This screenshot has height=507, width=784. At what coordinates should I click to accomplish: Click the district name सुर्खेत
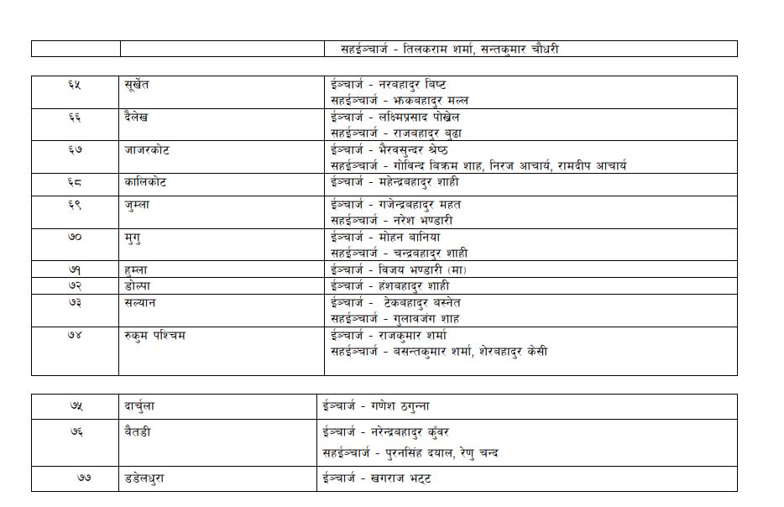pos(136,85)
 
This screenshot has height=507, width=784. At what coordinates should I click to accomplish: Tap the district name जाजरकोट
pos(145,150)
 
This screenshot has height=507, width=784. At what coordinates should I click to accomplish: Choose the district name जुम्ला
pos(137,205)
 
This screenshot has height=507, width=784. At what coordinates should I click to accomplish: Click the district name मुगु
pos(132,238)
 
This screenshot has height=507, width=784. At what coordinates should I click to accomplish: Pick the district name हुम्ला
pos(136,270)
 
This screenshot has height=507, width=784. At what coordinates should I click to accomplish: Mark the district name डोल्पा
pos(137,286)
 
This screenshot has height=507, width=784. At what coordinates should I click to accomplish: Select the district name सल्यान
pos(139,303)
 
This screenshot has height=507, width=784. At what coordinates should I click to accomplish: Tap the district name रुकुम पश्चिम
pos(154,336)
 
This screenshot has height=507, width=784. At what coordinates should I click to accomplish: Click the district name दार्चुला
pos(139,406)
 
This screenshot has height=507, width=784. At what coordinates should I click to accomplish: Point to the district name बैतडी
pos(136,432)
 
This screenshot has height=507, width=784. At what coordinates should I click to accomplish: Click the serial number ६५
pos(75,85)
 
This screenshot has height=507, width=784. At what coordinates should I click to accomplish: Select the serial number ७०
pos(75,238)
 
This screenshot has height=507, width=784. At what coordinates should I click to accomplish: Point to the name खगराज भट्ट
pos(404,478)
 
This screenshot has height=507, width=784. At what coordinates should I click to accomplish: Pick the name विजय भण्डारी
pos(411,270)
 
